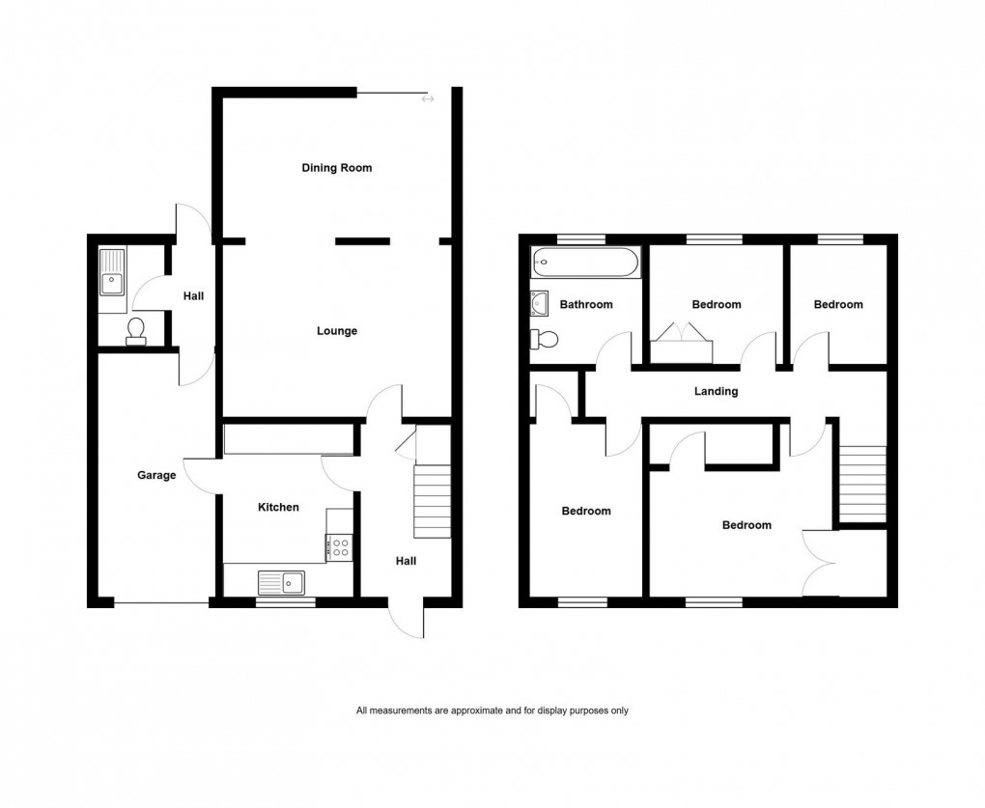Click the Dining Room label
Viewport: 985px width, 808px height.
point(336,168)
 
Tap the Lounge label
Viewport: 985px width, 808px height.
point(337,331)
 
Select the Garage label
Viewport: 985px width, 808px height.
point(155,475)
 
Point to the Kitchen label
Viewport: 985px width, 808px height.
point(277,507)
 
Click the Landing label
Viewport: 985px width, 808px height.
point(716,391)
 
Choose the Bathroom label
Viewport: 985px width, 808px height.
point(586,305)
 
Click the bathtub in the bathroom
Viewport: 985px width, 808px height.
point(584,262)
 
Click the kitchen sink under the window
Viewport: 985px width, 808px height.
point(280,582)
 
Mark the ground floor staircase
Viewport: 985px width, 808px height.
point(432,501)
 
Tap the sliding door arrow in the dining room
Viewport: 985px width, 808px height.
point(428,98)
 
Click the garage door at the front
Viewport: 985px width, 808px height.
point(160,604)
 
